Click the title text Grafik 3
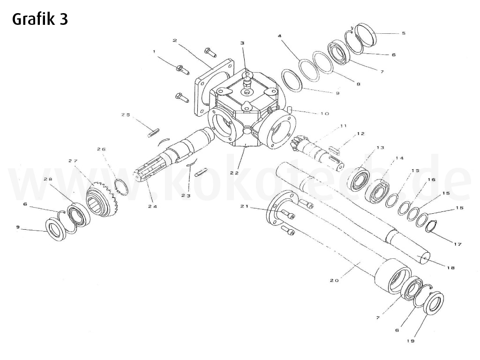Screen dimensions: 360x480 tap(40, 19)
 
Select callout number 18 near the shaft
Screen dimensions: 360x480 tap(450, 268)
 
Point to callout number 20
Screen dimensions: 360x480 tap(334, 280)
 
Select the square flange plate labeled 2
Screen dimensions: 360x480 tap(213, 87)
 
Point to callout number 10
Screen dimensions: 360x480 tap(325, 114)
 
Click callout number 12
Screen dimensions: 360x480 tap(360, 134)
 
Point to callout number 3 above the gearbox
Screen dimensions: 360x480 tap(242, 43)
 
